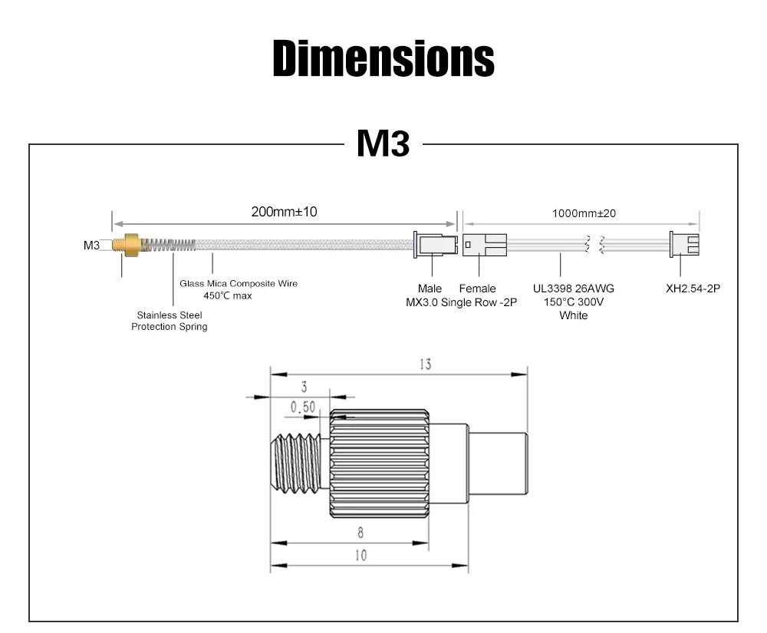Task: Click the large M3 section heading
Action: coord(383,143)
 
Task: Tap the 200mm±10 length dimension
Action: coord(284,212)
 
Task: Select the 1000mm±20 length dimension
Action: coord(584,213)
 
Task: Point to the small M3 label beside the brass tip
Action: coord(91,245)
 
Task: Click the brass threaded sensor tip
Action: coord(127,245)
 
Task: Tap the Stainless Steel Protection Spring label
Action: coord(170,321)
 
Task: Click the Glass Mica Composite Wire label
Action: coord(239,283)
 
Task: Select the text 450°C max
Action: coord(228,295)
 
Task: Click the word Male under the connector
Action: coord(430,288)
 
